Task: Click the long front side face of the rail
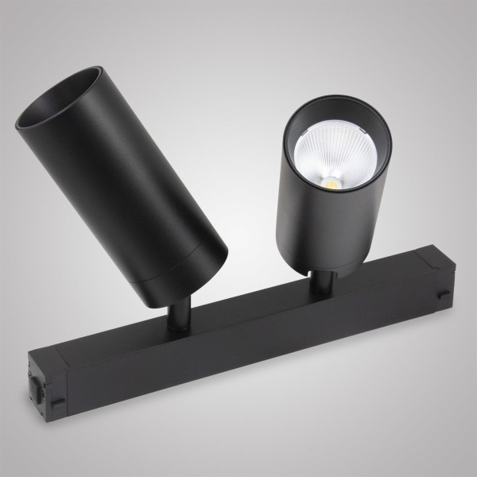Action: coord(238,350)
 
